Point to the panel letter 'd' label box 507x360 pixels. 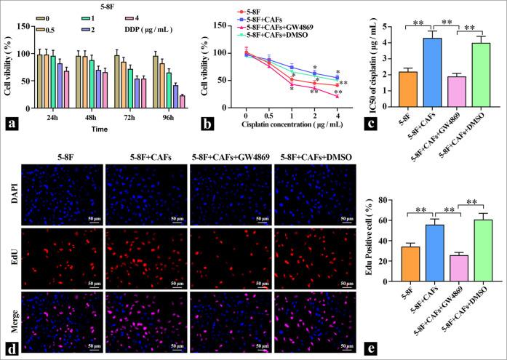(x=12, y=346)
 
